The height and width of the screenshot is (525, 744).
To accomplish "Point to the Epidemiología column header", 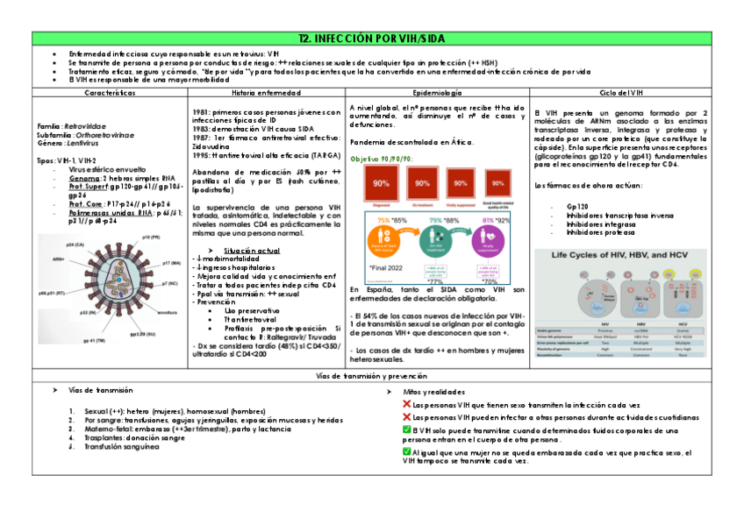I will click(x=436, y=92).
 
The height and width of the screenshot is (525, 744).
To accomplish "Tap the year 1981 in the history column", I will click(x=202, y=112).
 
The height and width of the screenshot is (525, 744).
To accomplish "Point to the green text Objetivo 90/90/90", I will click(x=381, y=159).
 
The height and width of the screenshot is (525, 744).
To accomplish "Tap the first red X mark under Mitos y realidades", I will click(x=405, y=404).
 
